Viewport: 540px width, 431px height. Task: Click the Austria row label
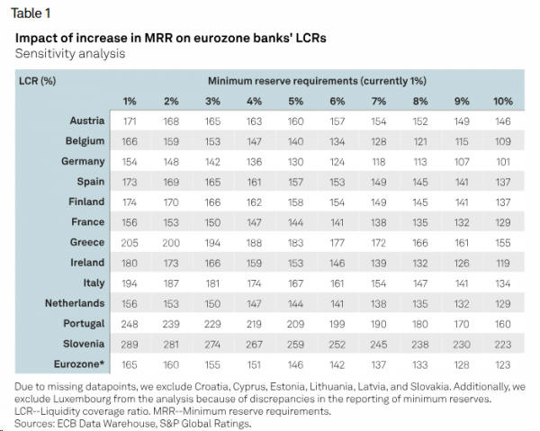tap(87, 121)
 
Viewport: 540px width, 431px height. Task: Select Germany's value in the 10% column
tap(502, 161)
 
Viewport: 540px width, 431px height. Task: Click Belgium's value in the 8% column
tap(420, 141)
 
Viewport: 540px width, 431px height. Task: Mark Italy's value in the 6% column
tap(338, 283)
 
